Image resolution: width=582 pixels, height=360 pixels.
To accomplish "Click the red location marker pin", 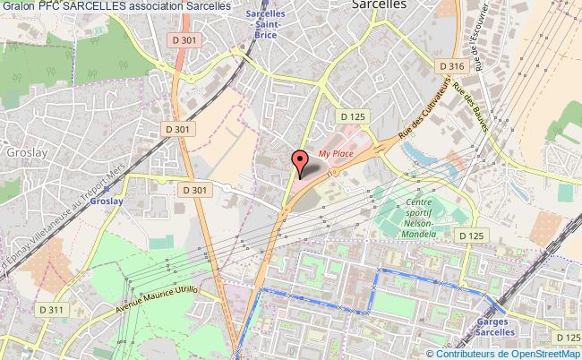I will tap(300, 162).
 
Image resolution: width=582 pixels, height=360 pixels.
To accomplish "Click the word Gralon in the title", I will tap(17, 5).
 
